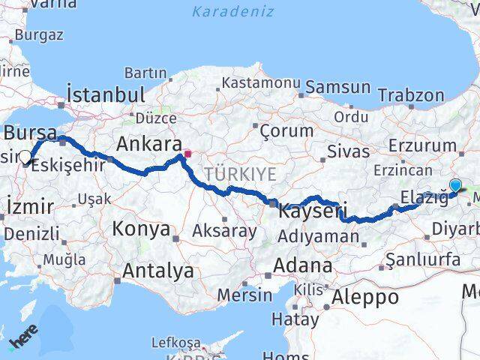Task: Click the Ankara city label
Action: tap(148, 144)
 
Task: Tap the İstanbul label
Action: tap(105, 94)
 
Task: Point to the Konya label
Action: tap(141, 229)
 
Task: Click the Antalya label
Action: tap(158, 270)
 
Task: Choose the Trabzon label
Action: tap(411, 95)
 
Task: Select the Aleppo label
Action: tap(367, 296)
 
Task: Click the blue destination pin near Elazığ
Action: tap(455, 184)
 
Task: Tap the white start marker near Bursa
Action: tap(25, 157)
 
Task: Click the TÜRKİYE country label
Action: tap(243, 174)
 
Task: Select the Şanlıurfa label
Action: tap(423, 259)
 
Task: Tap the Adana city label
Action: tap(302, 265)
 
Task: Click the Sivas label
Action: tap(347, 151)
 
